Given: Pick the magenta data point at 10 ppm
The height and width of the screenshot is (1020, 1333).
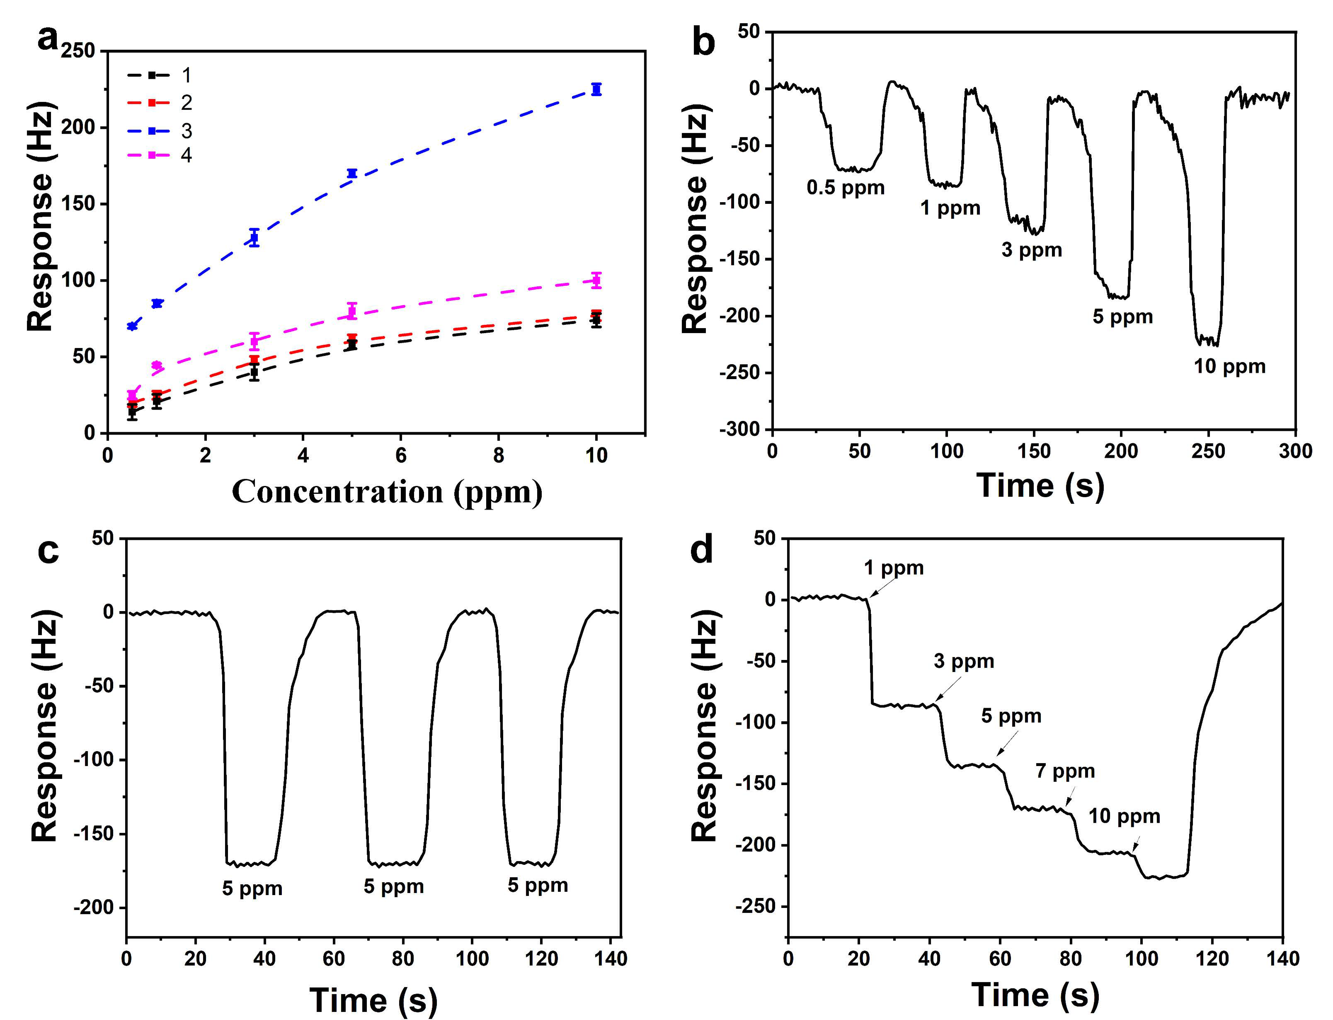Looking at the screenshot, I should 596,280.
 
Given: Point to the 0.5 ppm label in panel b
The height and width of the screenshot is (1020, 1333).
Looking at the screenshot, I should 845,188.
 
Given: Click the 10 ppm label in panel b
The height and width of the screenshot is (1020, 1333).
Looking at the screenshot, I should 1230,367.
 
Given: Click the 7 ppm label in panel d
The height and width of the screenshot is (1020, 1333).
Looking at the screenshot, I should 1065,771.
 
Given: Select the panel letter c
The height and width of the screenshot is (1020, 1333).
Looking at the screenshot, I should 48,551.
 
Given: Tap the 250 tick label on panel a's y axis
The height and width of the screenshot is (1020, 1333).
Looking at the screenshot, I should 78,51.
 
